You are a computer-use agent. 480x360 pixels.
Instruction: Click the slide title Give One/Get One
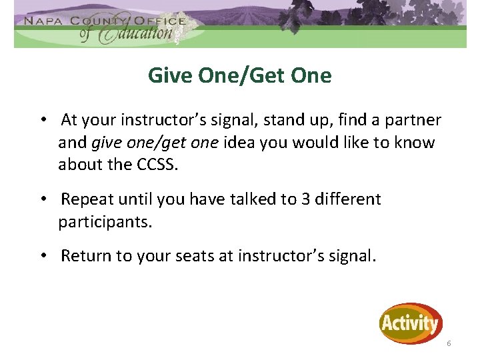pos(239,76)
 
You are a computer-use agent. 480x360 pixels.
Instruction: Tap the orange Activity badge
pos(411,324)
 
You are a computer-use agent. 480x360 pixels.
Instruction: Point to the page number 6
pos(449,343)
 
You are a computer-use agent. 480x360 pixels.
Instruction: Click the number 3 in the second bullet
pos(306,199)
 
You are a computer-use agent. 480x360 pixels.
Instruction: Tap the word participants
pos(105,221)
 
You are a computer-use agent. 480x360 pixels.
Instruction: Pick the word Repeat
pos(86,199)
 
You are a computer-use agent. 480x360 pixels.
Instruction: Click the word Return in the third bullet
pos(85,256)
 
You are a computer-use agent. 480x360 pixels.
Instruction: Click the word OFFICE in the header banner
pos(159,20)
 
